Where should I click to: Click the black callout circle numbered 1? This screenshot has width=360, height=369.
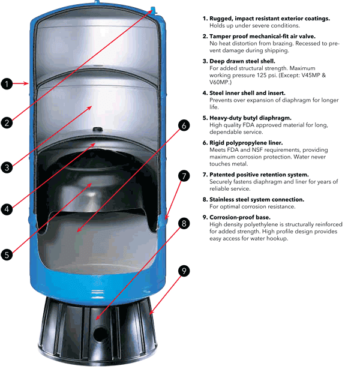click(x=7, y=84)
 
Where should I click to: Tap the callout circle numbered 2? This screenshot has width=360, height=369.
click(x=7, y=123)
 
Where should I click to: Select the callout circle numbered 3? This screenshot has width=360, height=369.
click(x=7, y=167)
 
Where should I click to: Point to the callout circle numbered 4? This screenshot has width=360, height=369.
click(x=7, y=209)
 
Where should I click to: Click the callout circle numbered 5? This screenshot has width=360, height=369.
click(x=7, y=254)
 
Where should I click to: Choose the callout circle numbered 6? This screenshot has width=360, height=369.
click(x=184, y=126)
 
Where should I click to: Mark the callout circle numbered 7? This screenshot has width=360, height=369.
click(x=184, y=176)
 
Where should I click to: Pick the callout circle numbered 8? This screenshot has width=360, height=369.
click(x=184, y=223)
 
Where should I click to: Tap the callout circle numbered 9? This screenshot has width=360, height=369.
click(x=184, y=271)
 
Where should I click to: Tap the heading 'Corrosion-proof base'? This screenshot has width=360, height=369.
click(x=244, y=217)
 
